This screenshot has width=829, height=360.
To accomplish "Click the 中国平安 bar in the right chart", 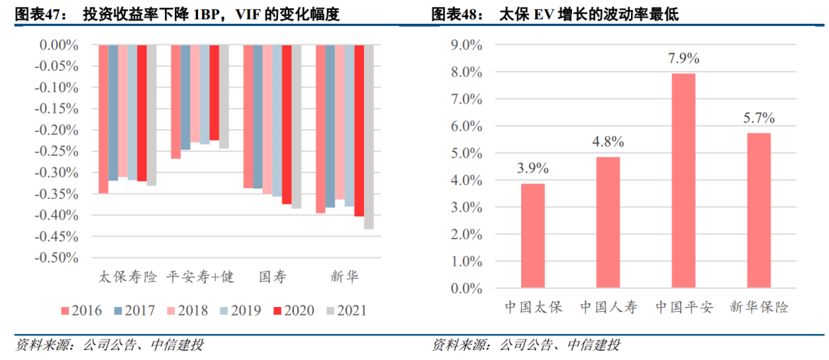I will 684,181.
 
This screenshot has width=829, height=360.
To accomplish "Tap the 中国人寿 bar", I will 609,223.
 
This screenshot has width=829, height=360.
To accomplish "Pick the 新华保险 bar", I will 759,210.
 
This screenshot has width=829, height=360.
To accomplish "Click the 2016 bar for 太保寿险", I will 104,119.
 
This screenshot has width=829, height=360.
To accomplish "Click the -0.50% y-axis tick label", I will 59,258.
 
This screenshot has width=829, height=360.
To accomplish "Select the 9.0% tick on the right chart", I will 465,45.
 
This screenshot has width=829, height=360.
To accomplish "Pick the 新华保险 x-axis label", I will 759,308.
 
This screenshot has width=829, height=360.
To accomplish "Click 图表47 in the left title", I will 35,15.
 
